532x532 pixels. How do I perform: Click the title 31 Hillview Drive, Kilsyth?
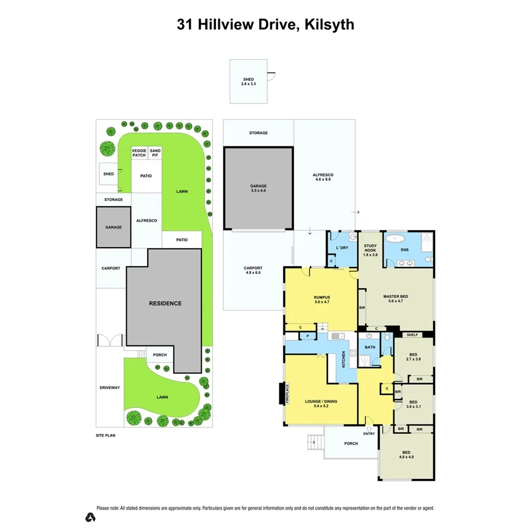tap(265, 24)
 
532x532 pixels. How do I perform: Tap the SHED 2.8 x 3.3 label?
tap(248, 82)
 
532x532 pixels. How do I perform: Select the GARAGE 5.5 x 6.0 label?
tap(258, 188)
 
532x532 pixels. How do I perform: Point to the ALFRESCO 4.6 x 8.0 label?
tap(323, 177)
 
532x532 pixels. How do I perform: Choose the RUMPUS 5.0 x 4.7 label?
tap(322, 299)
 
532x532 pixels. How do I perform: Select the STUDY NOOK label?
tap(370, 250)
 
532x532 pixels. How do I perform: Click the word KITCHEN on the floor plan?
tap(344, 359)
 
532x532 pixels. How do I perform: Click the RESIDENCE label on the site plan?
tap(166, 303)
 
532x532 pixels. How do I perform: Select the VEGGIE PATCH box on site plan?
tap(139, 153)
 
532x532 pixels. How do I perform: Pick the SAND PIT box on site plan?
tap(155, 153)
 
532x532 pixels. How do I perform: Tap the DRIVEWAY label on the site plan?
tap(109, 388)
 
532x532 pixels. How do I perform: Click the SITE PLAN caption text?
tap(107, 435)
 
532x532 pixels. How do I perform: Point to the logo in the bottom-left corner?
tap(90, 517)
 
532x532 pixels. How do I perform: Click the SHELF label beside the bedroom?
tap(413, 334)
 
